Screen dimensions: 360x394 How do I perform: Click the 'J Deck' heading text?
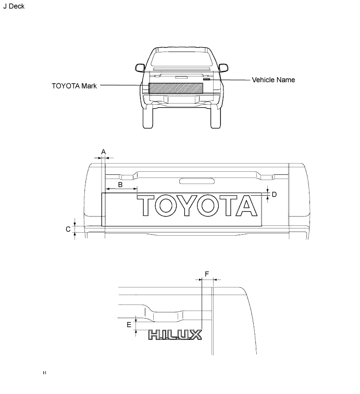tap(14, 6)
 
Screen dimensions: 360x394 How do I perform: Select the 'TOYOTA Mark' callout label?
tap(74, 86)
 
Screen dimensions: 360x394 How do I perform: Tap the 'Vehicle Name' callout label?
tap(274, 80)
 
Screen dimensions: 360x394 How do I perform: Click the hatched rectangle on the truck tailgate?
tap(176, 88)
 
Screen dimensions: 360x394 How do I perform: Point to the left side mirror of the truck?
tap(140, 68)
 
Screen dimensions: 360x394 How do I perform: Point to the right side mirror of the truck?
tap(223, 68)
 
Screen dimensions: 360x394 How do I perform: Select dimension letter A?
tap(103, 152)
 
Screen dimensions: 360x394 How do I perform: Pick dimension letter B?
tap(120, 185)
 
